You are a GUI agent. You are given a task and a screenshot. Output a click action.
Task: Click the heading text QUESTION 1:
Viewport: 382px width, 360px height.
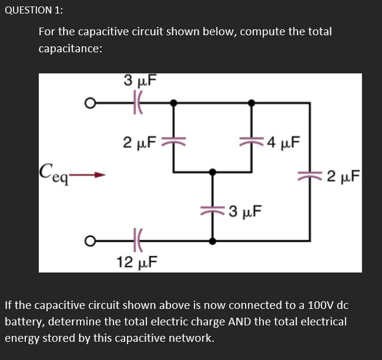pos(35,11)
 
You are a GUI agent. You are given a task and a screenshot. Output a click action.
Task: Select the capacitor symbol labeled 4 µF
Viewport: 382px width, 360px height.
pos(252,142)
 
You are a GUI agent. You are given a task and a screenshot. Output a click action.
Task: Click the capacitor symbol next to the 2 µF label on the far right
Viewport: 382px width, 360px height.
pos(309,174)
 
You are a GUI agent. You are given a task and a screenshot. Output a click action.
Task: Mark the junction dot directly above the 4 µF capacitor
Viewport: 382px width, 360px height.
pos(252,103)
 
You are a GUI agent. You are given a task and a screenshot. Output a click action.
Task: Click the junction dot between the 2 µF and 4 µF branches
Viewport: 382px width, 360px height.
pos(212,172)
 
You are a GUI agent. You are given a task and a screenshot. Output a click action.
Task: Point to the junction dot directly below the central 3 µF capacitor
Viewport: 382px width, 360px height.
pos(212,241)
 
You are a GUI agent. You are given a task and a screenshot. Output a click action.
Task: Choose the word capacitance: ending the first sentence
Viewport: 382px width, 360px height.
pos(71,49)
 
